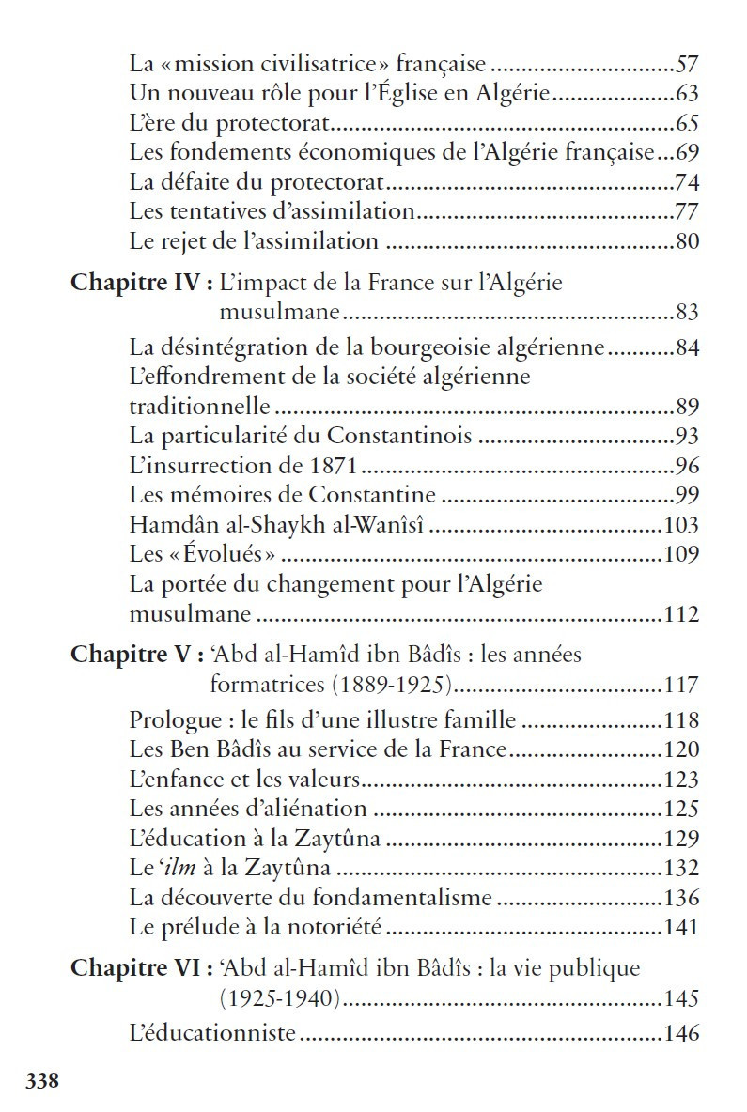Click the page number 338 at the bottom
(x=43, y=1081)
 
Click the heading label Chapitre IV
(x=137, y=285)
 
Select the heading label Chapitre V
(x=131, y=654)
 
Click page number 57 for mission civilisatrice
(x=687, y=65)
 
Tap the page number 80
(x=687, y=241)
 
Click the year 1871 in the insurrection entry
(x=334, y=466)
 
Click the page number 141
(x=681, y=927)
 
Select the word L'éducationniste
(x=212, y=1034)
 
